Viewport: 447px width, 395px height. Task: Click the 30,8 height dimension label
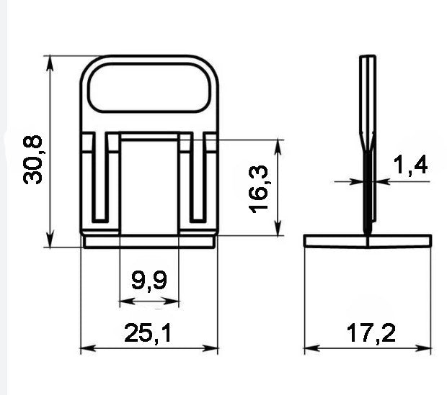(32, 160)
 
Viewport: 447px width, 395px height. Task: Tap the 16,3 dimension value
(259, 189)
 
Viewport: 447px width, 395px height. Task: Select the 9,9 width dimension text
(149, 281)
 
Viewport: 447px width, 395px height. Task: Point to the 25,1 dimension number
(148, 333)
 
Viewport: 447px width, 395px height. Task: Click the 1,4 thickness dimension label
(410, 165)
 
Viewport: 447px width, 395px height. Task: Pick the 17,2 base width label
(371, 333)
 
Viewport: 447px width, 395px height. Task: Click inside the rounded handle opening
(149, 88)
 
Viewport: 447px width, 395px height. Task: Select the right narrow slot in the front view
(198, 177)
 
